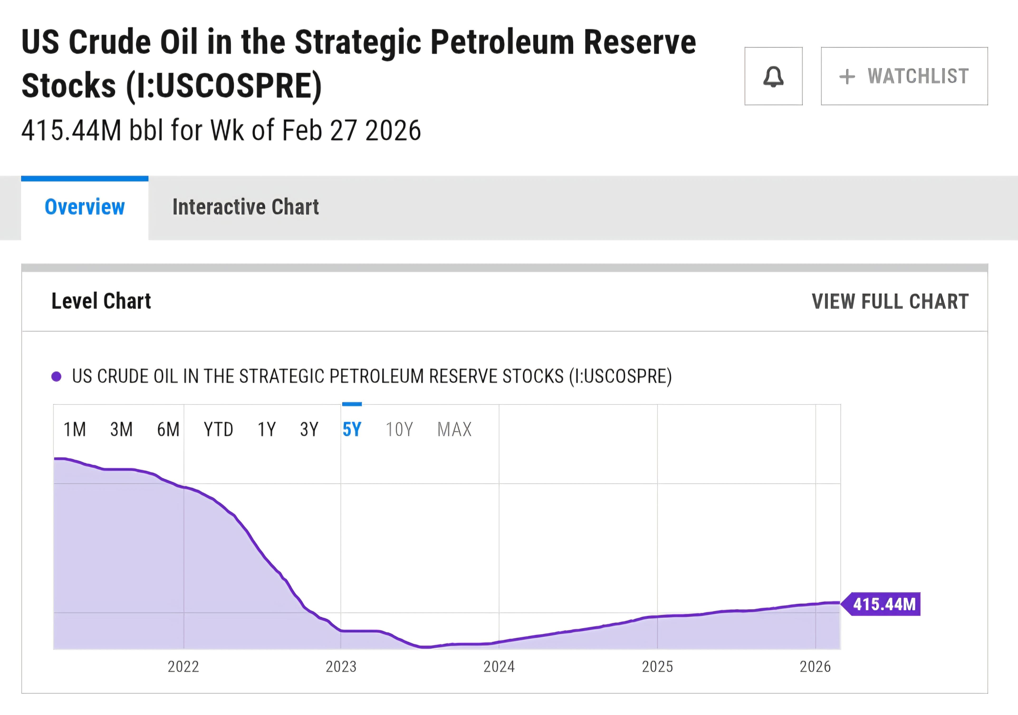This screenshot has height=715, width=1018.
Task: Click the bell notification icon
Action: pos(773,76)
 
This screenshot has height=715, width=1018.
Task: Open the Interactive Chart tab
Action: pos(246,207)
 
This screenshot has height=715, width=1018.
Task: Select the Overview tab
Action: pos(85,207)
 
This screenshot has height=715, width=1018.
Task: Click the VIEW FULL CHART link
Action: pos(890,302)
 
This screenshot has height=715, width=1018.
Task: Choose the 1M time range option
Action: pos(74,429)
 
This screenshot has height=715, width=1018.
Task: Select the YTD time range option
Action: pos(218,429)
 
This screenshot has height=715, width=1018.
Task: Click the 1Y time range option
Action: pos(266,429)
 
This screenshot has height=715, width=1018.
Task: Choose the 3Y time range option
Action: pos(309,429)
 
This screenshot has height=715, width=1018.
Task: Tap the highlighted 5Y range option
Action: pos(352,429)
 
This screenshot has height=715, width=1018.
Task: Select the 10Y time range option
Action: pos(399,429)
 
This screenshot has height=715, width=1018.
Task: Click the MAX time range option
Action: pos(454,429)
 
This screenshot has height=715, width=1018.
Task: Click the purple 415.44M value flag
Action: pos(884,604)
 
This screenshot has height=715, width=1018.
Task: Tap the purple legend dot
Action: pos(56,377)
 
